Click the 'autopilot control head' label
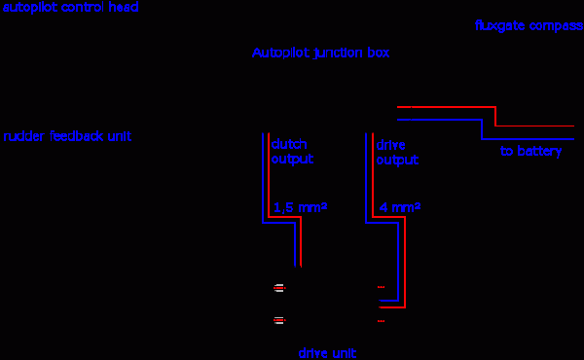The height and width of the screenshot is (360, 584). [x=71, y=7]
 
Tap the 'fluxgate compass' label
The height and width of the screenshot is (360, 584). [x=529, y=25]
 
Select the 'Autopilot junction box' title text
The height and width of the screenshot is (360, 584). [x=320, y=53]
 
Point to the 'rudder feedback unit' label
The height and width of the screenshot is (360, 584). [x=67, y=136]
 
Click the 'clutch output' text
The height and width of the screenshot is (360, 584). [x=292, y=152]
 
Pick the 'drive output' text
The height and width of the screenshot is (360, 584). [x=397, y=152]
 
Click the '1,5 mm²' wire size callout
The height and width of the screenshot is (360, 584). [x=300, y=207]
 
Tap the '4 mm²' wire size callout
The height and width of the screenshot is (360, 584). [x=400, y=207]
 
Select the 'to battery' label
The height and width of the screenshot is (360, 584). [x=530, y=151]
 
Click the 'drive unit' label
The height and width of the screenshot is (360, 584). [x=327, y=353]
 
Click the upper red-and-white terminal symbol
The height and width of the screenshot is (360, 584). [x=279, y=288]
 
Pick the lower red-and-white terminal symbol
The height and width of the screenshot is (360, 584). [x=279, y=320]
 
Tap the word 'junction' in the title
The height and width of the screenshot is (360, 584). [x=338, y=53]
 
